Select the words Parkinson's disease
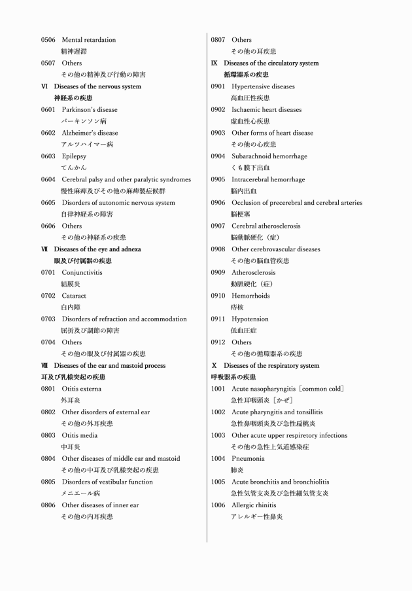point(90,110)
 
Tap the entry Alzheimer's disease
point(90,133)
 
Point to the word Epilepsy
point(75,156)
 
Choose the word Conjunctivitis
point(82,272)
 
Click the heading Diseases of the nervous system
point(97,86)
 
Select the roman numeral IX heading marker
point(214,63)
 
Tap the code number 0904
point(218,156)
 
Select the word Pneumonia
point(247,459)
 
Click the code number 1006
point(218,505)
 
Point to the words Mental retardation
point(89,40)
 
